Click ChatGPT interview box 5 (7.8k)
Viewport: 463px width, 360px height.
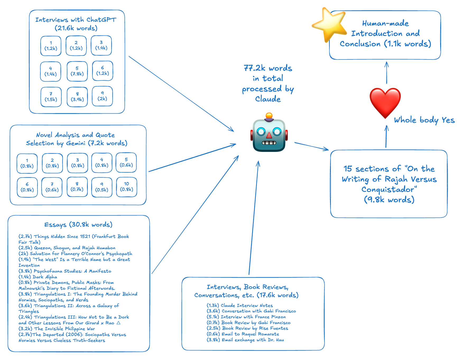[77, 71]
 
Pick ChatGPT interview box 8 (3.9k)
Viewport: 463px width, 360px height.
[77, 97]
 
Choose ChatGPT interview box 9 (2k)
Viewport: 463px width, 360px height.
[102, 96]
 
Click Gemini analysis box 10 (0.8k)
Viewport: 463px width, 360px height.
[127, 187]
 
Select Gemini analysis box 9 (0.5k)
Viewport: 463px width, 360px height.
[102, 187]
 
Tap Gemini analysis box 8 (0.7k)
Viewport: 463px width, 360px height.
[77, 187]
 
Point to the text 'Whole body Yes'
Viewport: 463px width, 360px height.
[424, 120]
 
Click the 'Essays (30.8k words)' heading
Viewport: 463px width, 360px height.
[78, 225]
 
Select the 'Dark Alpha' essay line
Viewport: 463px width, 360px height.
[38, 277]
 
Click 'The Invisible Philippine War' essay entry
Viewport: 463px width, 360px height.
[57, 329]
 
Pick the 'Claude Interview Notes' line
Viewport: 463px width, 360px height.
[240, 306]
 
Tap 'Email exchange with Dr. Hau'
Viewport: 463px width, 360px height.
[245, 340]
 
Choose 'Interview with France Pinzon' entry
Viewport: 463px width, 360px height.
[246, 317]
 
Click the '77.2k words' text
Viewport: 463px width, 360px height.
[268, 68]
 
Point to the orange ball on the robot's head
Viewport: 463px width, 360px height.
[269, 115]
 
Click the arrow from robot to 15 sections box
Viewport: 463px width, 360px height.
[311, 146]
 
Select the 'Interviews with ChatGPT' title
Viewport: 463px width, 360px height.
[76, 20]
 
